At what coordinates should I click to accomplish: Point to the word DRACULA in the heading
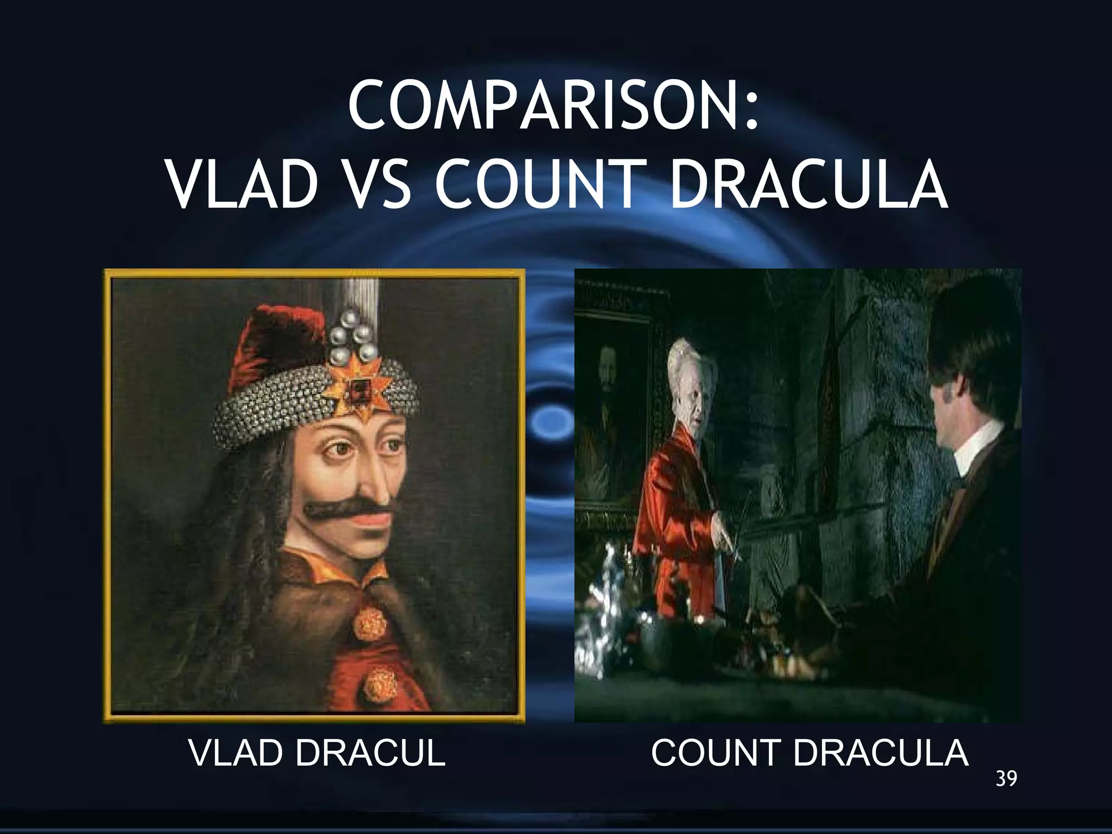point(808,185)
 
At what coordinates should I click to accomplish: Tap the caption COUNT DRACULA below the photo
point(810,753)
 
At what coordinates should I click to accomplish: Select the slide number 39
point(1006,779)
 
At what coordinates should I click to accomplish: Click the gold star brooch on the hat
point(358,387)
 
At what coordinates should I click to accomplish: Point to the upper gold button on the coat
point(370,622)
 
